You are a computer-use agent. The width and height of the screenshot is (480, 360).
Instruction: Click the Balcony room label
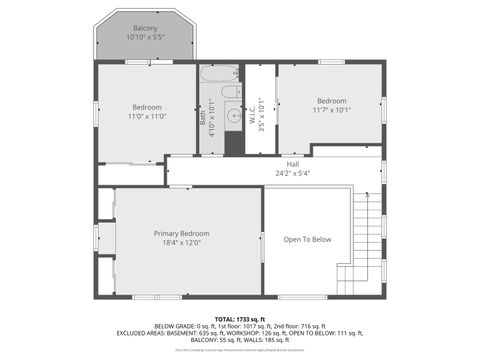[146, 27]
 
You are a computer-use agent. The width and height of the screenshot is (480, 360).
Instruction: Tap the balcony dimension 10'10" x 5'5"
[146, 37]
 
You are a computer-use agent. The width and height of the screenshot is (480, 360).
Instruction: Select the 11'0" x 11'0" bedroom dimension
[147, 117]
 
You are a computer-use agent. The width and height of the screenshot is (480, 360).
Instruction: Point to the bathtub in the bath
[219, 74]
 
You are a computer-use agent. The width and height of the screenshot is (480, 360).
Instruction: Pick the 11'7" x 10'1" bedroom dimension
[331, 111]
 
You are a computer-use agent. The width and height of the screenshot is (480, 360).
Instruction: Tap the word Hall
[293, 164]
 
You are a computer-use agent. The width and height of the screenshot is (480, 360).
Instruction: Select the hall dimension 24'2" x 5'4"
[293, 173]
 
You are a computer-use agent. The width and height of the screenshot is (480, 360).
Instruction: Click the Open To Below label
[307, 240]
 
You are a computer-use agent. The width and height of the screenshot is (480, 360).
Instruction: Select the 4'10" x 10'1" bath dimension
[212, 116]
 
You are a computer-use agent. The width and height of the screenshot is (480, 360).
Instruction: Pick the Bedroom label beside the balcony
[147, 107]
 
